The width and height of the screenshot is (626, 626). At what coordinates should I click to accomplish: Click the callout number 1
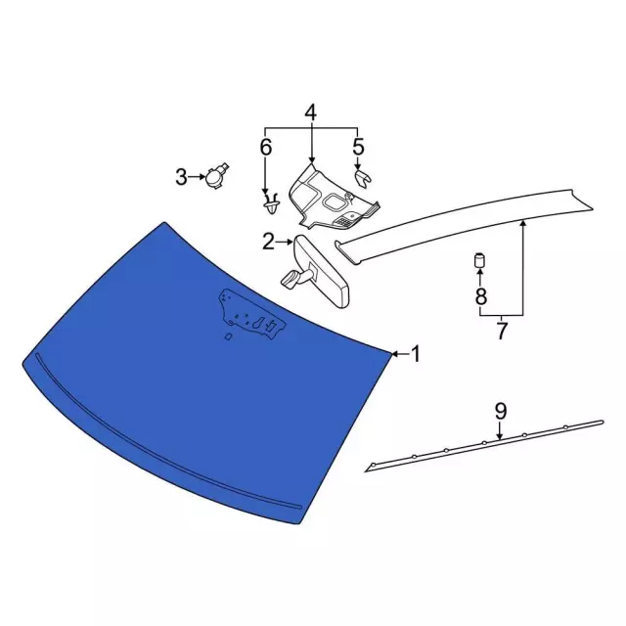(x=415, y=354)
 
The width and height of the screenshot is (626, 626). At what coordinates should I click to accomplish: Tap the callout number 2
(x=268, y=241)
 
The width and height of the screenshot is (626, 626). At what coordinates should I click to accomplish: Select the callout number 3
(x=181, y=177)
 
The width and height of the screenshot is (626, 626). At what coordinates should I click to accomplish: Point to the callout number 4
(x=310, y=113)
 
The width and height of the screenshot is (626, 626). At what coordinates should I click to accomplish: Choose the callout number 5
(x=358, y=148)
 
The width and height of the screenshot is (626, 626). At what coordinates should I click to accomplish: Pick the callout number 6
(x=265, y=148)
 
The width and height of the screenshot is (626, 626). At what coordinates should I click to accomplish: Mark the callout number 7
(x=502, y=331)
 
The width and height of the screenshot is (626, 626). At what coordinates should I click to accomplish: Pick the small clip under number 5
(x=363, y=177)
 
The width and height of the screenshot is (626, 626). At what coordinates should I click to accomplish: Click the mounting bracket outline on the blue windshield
(x=249, y=313)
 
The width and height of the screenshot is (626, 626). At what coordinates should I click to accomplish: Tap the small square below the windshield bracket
(x=228, y=338)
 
